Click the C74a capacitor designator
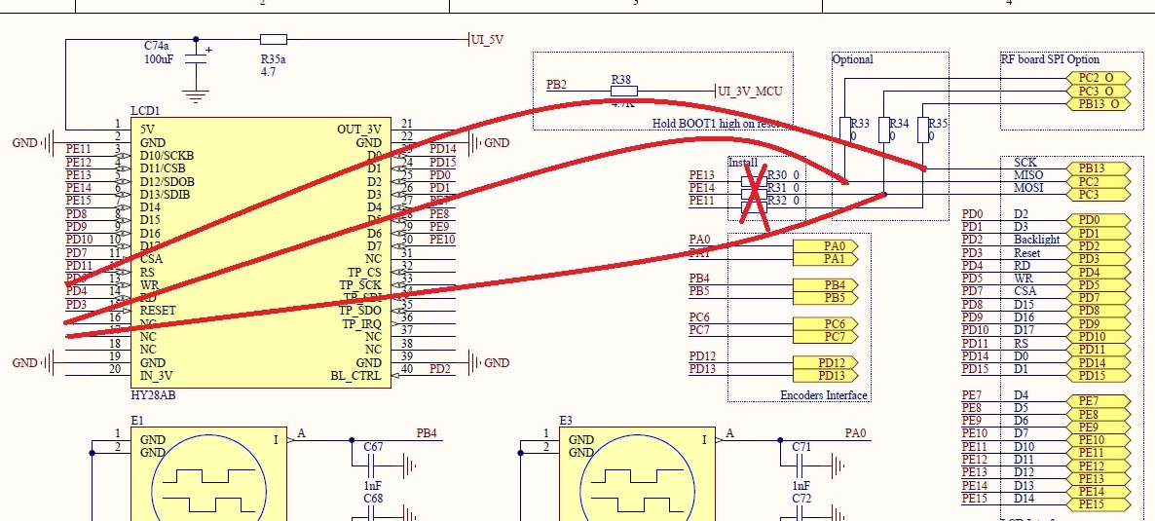tap(156, 46)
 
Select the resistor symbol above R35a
tap(274, 40)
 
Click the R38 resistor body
tap(623, 92)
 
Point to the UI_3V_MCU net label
tap(750, 92)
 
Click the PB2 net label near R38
tap(557, 86)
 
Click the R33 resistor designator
tap(860, 124)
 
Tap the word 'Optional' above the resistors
tap(853, 59)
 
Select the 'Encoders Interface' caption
tap(824, 394)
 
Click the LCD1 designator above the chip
tap(145, 111)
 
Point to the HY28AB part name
tap(153, 395)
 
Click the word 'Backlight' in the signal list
tap(1036, 240)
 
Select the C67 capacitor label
tap(372, 446)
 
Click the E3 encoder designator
tap(566, 421)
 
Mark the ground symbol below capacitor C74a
tap(196, 96)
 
